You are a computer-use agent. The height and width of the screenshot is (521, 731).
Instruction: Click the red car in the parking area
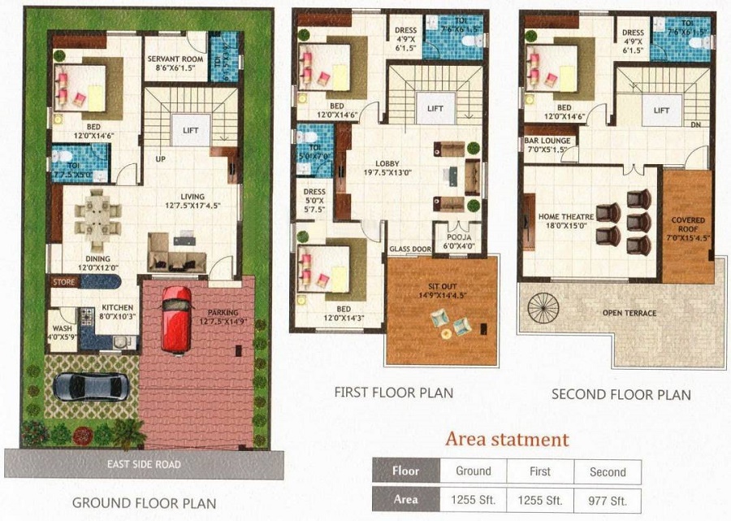pyautogui.click(x=176, y=319)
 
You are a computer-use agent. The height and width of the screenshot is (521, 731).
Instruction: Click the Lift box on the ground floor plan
pyautogui.click(x=191, y=131)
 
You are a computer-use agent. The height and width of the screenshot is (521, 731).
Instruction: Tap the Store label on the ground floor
pyautogui.click(x=64, y=282)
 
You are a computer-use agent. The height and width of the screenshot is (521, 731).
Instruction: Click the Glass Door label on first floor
pyautogui.click(x=408, y=250)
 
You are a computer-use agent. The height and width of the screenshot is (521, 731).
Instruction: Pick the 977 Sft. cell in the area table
pyautogui.click(x=608, y=500)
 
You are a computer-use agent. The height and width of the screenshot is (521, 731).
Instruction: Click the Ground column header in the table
pyautogui.click(x=473, y=471)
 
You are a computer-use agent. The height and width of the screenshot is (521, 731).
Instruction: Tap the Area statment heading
pyautogui.click(x=506, y=440)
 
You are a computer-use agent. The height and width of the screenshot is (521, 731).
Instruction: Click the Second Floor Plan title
pyautogui.click(x=621, y=395)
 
